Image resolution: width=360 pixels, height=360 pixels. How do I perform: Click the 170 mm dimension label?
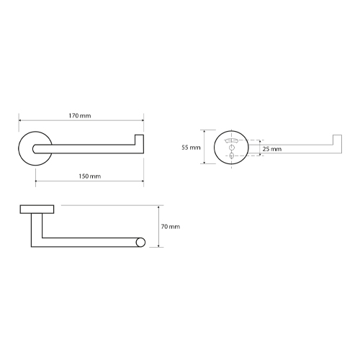(x=80, y=116)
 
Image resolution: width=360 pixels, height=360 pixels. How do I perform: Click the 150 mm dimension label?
(x=90, y=176)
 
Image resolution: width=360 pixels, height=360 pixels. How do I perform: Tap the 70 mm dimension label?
(x=171, y=227)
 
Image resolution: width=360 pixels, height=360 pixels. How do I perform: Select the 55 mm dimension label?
(x=191, y=148)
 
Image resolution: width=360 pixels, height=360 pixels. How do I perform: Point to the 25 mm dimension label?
(x=272, y=149)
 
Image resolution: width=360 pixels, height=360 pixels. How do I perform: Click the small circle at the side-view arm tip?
(x=140, y=243)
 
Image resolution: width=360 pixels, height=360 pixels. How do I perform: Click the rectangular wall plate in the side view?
(x=37, y=210)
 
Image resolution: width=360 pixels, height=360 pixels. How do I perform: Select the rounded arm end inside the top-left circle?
(x=35, y=149)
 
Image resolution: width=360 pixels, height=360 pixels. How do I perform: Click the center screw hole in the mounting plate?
(x=232, y=147)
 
